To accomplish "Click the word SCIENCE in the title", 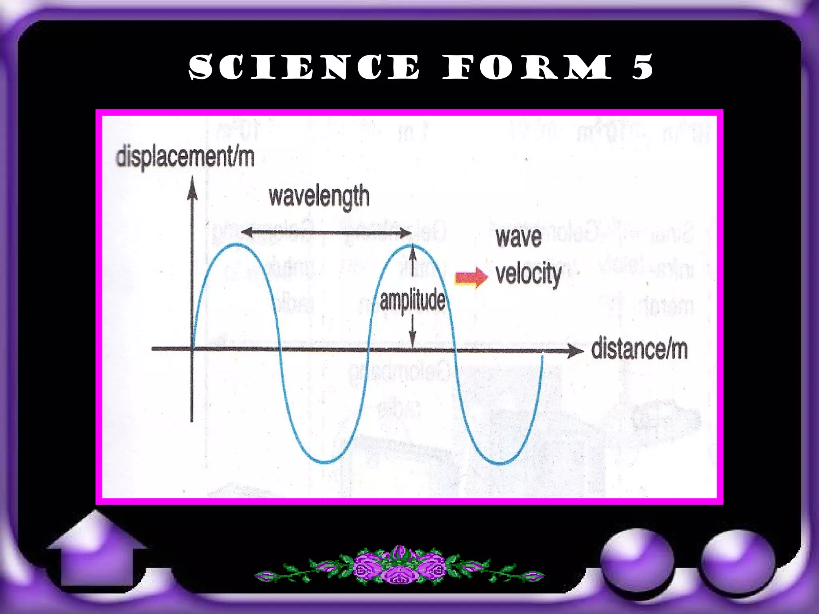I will tap(304, 67).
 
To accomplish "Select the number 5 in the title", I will tap(642, 67).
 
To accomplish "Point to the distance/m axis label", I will tap(639, 349).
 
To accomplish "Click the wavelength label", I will tap(319, 197).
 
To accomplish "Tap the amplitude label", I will tap(412, 301).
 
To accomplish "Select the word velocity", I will tap(528, 275).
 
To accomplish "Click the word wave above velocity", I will tap(519, 237).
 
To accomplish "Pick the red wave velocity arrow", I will tap(471, 277).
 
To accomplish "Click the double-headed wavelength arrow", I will tap(326, 232).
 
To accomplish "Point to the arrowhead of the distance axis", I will tap(576, 351).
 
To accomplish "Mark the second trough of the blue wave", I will tap(500, 463).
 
